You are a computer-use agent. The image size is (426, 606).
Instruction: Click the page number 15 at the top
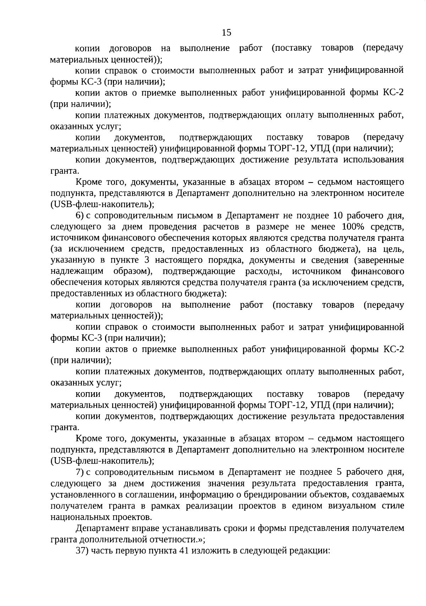pyautogui.click(x=226, y=33)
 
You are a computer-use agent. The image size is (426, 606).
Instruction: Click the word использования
pyautogui.click(x=373, y=159)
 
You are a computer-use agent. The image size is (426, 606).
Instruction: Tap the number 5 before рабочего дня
pyautogui.click(x=338, y=472)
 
